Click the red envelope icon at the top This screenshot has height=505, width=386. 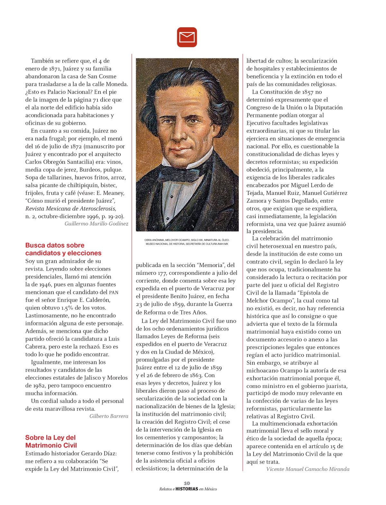(x=187, y=37)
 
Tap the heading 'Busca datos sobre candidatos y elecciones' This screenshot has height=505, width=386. (x=63, y=249)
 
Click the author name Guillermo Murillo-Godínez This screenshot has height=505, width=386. (x=96, y=224)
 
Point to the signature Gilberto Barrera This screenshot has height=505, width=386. (x=109, y=416)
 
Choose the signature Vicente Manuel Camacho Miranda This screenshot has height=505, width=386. (x=308, y=469)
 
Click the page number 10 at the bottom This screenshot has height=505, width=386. (x=187, y=483)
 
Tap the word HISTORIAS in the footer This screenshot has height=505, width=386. (x=187, y=489)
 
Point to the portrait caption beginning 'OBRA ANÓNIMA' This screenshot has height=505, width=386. (x=187, y=242)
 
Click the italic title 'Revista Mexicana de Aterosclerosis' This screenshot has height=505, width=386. (x=70, y=208)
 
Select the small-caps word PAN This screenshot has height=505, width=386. (x=114, y=292)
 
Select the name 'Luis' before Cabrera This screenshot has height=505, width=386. (x=114, y=339)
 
